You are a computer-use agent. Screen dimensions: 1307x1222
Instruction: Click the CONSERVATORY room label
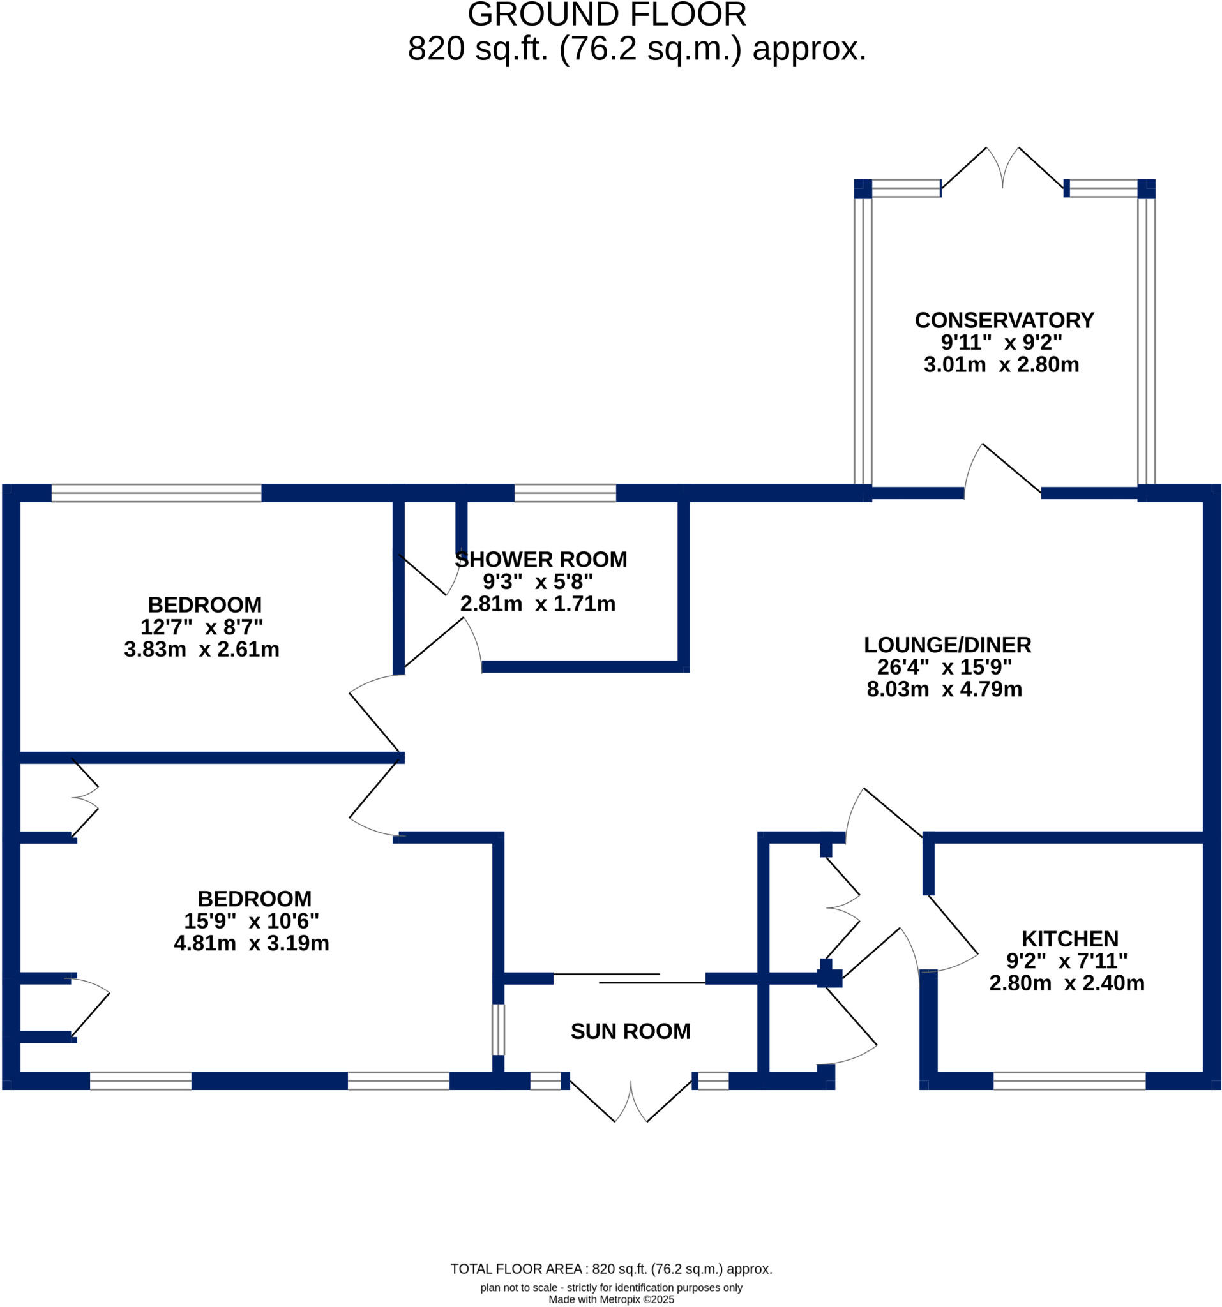pyautogui.click(x=1004, y=320)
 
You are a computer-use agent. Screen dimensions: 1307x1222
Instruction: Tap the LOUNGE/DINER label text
pyautogui.click(x=947, y=645)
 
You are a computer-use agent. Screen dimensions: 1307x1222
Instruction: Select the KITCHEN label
pyautogui.click(x=1069, y=939)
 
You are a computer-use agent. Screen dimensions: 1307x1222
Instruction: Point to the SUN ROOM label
pyautogui.click(x=630, y=1031)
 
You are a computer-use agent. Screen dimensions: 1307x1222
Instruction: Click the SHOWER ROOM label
pyautogui.click(x=541, y=560)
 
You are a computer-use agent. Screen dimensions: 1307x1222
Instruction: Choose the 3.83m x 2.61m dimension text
pyautogui.click(x=201, y=650)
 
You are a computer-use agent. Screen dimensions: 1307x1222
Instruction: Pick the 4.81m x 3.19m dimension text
pyautogui.click(x=252, y=943)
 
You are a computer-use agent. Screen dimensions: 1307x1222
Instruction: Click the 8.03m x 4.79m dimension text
pyautogui.click(x=944, y=689)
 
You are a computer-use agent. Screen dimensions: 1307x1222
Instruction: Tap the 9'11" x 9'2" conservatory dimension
pyautogui.click(x=1001, y=343)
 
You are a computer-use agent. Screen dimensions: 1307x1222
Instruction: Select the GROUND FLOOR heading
pyautogui.click(x=607, y=15)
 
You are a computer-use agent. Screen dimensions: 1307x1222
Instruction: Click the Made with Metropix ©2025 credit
pyautogui.click(x=611, y=1299)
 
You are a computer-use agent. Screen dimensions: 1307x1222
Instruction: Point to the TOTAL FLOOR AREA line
pyautogui.click(x=611, y=1269)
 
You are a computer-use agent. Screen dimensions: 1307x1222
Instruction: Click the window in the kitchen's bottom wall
pyautogui.click(x=1069, y=1081)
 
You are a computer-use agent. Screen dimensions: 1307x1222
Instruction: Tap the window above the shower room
pyautogui.click(x=564, y=493)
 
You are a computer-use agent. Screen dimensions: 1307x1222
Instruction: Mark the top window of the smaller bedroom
pyautogui.click(x=156, y=493)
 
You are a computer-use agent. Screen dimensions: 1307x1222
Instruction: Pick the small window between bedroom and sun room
pyautogui.click(x=499, y=1029)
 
